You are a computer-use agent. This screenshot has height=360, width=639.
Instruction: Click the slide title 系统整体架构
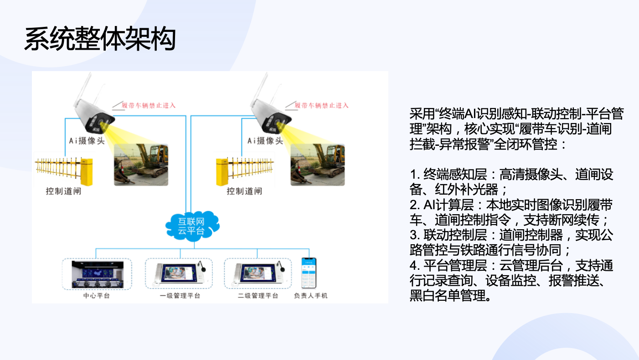(x=100, y=39)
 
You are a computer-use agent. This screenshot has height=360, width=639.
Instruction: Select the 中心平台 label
(x=96, y=296)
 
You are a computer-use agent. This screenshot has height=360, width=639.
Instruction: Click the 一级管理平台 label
(x=180, y=296)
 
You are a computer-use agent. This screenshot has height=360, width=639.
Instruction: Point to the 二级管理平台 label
(x=258, y=296)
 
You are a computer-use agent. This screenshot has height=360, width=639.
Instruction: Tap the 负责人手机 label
(x=310, y=296)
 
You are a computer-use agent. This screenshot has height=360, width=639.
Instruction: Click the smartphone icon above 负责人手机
(x=309, y=273)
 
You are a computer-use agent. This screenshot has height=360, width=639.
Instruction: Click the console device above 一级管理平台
(x=180, y=274)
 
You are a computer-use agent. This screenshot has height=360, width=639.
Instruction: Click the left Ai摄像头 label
(x=87, y=141)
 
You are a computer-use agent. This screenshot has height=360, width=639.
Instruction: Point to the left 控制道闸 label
(x=64, y=191)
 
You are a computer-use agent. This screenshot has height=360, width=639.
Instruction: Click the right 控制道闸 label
(x=244, y=191)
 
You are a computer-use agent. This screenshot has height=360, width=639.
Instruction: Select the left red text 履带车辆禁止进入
(x=149, y=105)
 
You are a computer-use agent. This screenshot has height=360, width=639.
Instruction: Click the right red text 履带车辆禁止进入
(x=321, y=105)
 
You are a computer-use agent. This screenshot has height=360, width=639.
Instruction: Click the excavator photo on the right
(x=318, y=165)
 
